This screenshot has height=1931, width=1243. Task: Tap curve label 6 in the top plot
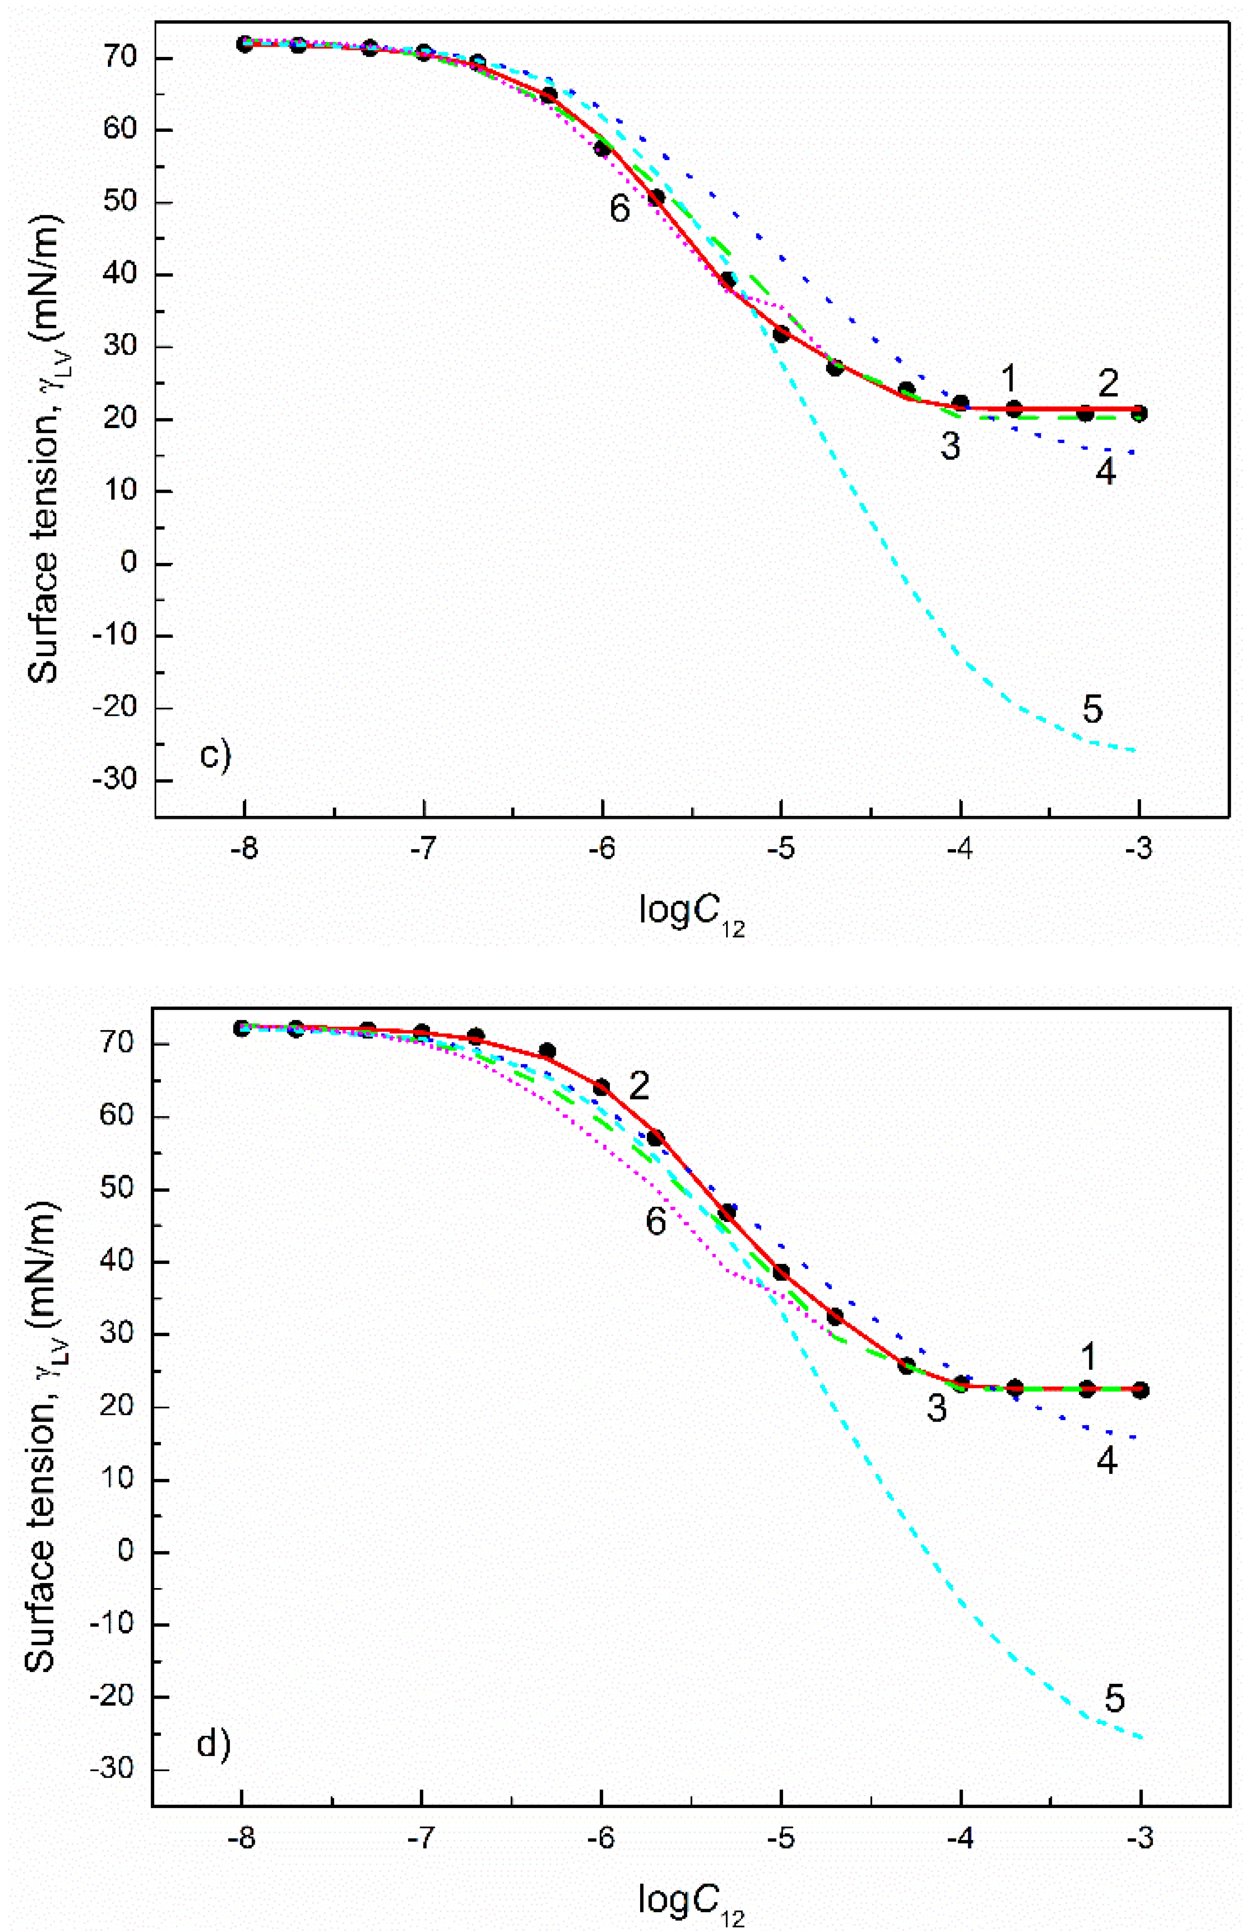(619, 209)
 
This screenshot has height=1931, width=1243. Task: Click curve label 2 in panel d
(639, 1087)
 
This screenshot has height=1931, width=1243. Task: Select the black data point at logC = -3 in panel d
(1140, 1389)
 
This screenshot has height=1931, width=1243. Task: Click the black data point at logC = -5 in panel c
(781, 333)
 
